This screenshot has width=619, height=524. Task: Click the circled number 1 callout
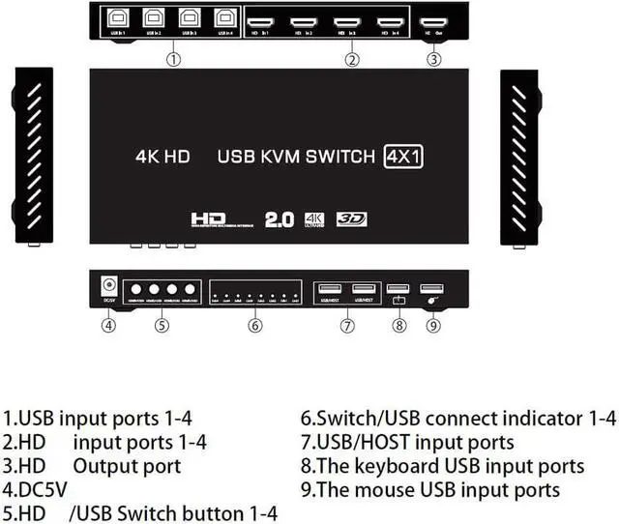(x=172, y=59)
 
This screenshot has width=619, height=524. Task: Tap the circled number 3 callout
(x=434, y=59)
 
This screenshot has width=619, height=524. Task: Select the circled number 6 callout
(x=254, y=325)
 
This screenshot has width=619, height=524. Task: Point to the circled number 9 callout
(x=433, y=325)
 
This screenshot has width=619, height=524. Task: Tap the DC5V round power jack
(x=109, y=286)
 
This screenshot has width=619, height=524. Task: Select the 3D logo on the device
(x=353, y=219)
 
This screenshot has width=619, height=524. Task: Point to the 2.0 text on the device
(x=281, y=218)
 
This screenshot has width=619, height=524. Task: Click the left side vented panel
(x=33, y=155)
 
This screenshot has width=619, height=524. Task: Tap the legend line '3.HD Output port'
(x=92, y=466)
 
